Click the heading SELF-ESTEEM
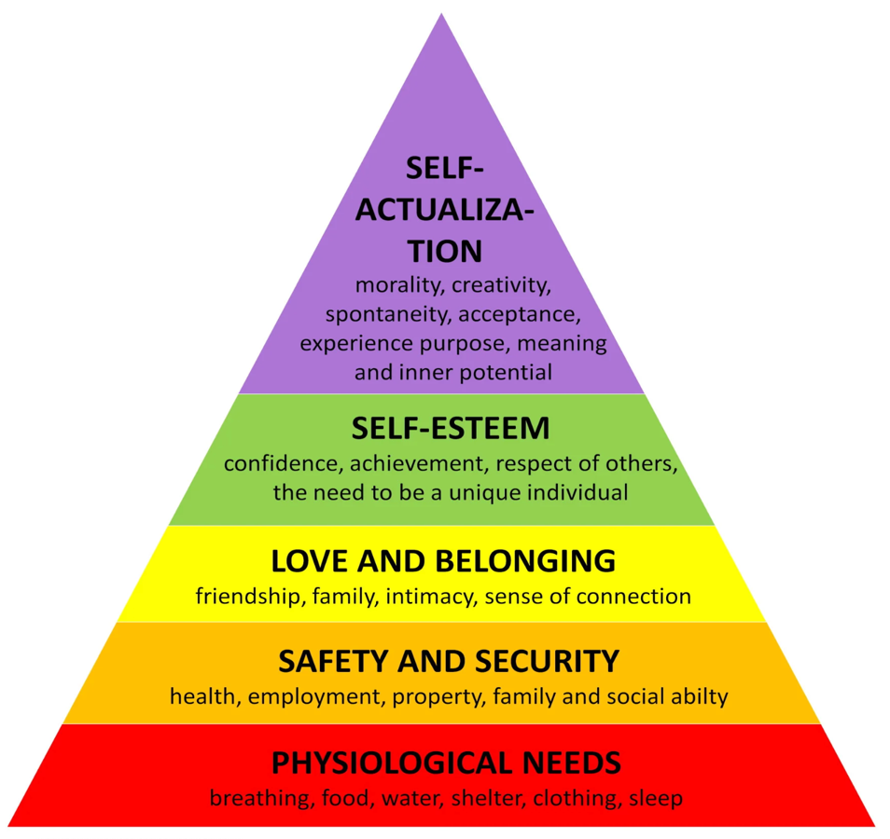click(x=451, y=429)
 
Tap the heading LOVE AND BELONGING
click(x=443, y=561)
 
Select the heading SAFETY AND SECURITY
click(x=449, y=661)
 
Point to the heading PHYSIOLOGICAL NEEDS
click(x=446, y=763)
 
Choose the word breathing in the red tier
click(x=253, y=799)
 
